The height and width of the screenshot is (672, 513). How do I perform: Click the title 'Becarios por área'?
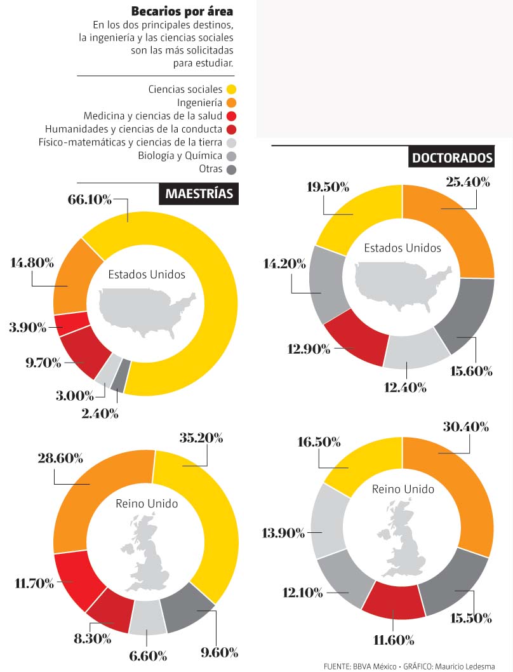tap(182, 11)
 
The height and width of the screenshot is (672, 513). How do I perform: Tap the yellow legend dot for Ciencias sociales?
tap(232, 89)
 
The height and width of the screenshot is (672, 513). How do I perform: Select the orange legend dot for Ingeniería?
tap(232, 102)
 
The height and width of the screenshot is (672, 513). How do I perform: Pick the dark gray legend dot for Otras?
tap(232, 169)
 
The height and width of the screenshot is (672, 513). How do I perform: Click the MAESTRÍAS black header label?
tap(199, 194)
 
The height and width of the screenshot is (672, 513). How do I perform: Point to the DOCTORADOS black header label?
tap(452, 158)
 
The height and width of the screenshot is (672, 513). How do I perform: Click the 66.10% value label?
tap(90, 200)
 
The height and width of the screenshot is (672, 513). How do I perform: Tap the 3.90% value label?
tap(27, 328)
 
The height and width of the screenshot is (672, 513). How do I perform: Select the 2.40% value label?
tap(100, 413)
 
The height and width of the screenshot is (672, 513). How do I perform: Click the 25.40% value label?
tap(468, 182)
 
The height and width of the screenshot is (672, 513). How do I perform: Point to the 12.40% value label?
tap(405, 387)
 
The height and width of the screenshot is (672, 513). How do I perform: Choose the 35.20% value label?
tap(201, 438)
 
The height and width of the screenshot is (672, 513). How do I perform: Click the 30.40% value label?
tap(467, 427)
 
